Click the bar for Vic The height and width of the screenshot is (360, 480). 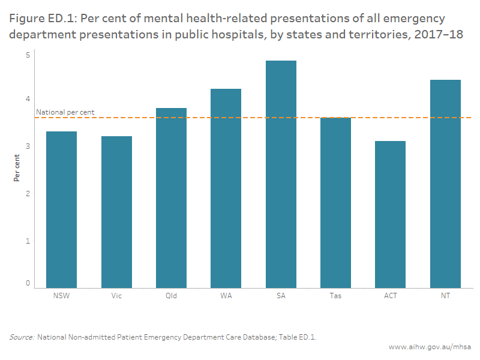116,212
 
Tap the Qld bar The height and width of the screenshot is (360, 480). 171,198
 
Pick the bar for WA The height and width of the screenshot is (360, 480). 226,188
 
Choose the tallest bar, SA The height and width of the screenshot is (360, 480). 281,175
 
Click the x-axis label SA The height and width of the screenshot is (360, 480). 281,296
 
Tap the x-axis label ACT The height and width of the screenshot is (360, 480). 390,296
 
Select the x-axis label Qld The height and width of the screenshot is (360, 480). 171,296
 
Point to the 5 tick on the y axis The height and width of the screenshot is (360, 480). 28,55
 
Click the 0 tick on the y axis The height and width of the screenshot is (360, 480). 28,283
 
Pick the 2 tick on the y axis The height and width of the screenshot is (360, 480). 28,193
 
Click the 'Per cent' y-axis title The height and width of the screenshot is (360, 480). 17,167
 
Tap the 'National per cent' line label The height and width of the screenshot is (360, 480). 65,112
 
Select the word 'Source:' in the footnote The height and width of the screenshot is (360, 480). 22,337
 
